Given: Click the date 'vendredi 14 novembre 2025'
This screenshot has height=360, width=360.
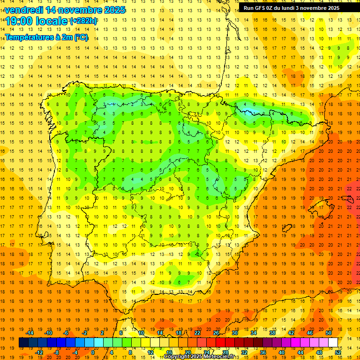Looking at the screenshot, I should point(65,9).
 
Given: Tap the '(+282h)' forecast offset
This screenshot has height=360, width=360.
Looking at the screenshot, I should point(83,21).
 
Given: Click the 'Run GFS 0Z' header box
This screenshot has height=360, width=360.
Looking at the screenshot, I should point(292,7).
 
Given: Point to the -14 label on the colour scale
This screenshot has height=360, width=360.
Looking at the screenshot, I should point(30,333).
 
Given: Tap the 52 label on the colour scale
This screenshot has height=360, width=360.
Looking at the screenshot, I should point(337,352).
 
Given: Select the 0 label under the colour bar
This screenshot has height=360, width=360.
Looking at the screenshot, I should point(93,352).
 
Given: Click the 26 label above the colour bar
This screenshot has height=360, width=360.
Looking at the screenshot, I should point(216,333).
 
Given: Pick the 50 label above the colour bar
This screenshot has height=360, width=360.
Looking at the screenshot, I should point(328,333).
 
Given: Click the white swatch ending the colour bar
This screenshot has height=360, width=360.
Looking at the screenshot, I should point(333,343).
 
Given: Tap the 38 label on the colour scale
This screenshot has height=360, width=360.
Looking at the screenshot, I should point(272,333).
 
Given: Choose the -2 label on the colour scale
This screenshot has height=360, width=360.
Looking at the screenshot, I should point(84,333).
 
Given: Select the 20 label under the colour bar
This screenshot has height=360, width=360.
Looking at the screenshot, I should point(187,352).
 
